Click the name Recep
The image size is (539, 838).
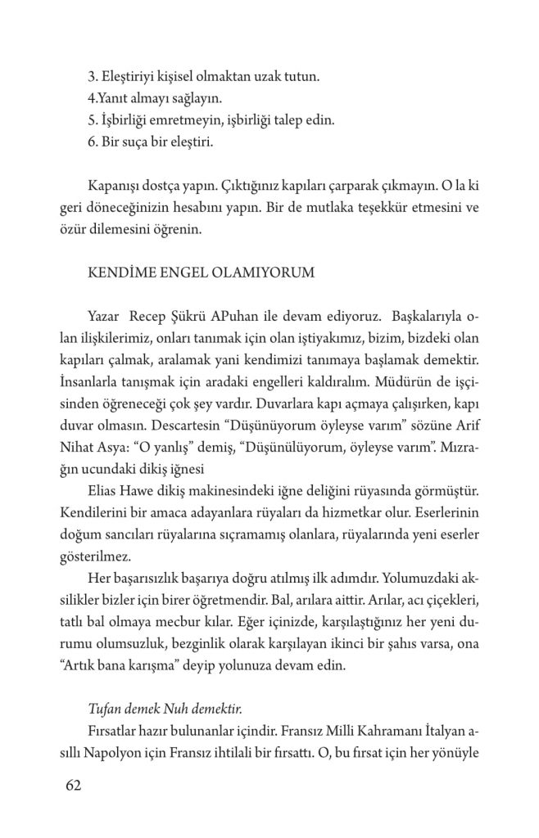(148, 316)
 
